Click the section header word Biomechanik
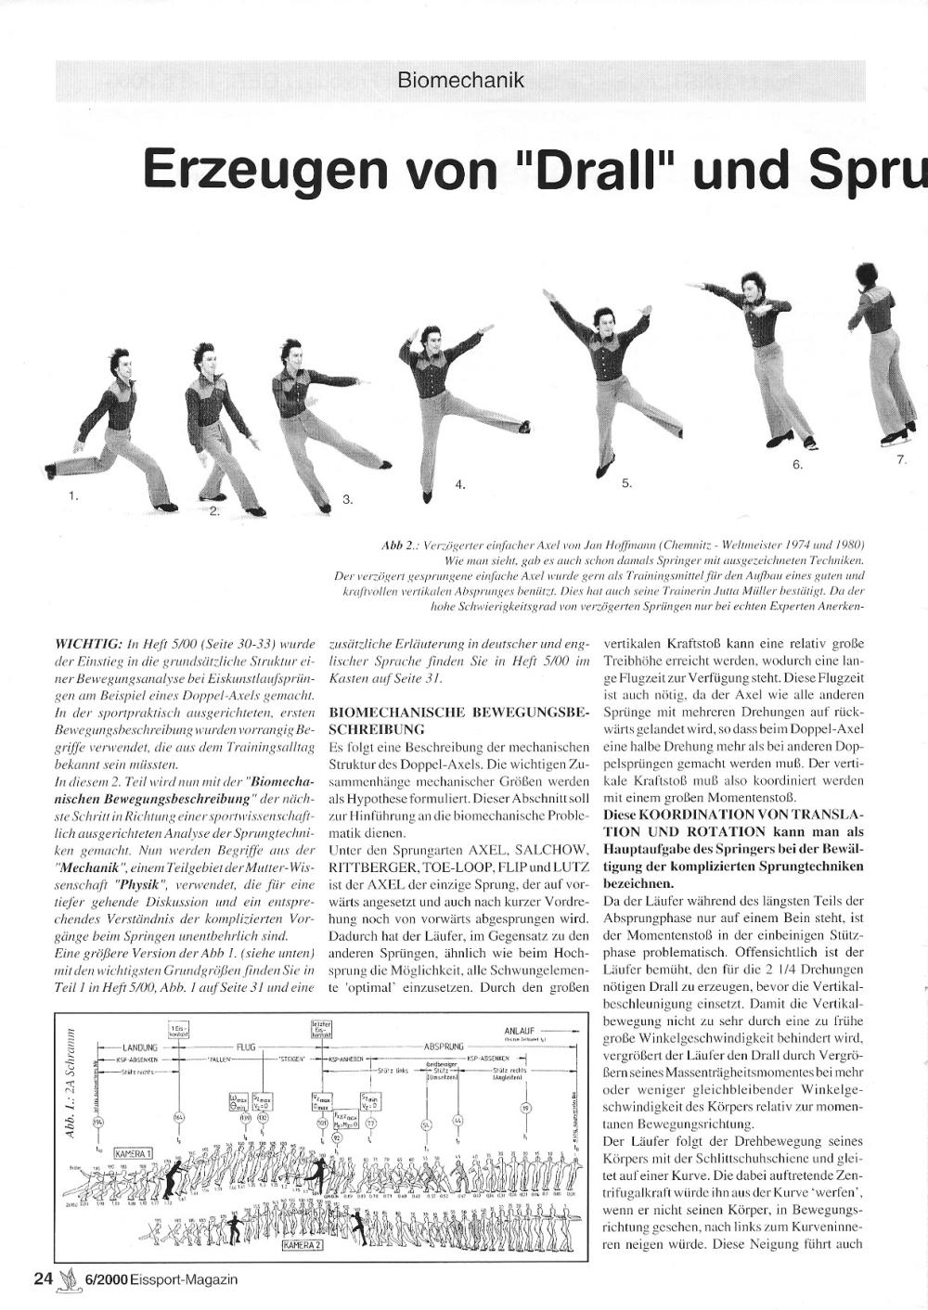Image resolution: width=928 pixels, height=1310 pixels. pyautogui.click(x=460, y=81)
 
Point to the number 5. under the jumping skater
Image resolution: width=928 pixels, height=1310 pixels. pyautogui.click(x=626, y=482)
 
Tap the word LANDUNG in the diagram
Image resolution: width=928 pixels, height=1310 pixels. pyautogui.click(x=141, y=1047)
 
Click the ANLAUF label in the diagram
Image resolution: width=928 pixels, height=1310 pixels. pyautogui.click(x=522, y=1030)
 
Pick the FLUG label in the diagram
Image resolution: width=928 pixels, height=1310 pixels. pyautogui.click(x=245, y=1047)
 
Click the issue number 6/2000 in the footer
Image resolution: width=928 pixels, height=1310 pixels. pyautogui.click(x=107, y=1279)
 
